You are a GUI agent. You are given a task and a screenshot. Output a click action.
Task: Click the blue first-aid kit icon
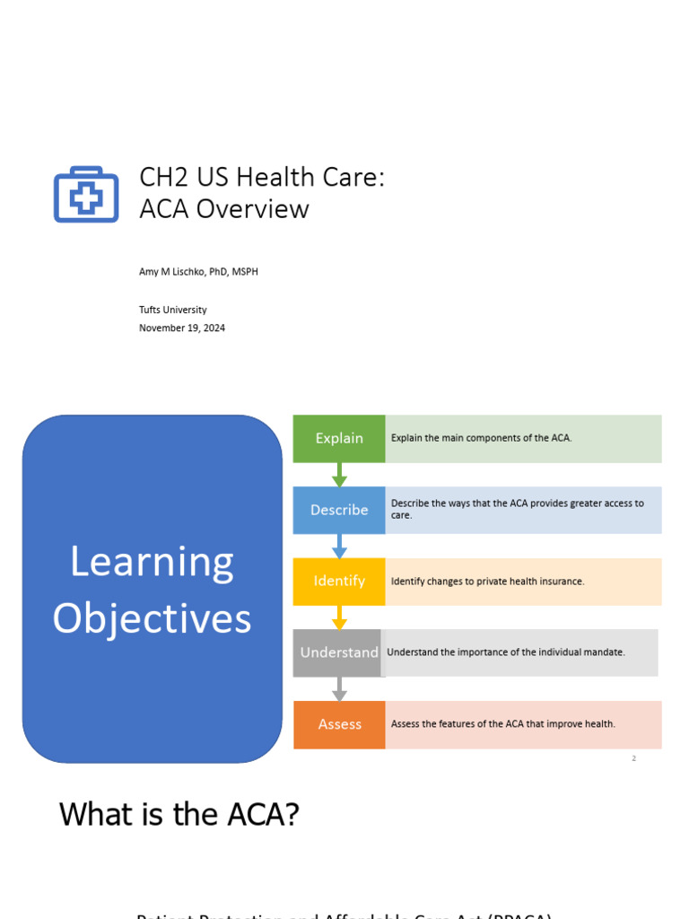click(86, 194)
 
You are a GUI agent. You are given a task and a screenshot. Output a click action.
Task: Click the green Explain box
click(339, 438)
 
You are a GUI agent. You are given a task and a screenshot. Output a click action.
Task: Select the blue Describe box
click(339, 510)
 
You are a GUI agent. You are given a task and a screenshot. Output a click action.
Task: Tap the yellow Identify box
click(339, 582)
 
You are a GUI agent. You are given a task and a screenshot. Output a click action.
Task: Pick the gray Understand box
click(339, 652)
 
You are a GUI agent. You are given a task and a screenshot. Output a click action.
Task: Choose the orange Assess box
click(339, 724)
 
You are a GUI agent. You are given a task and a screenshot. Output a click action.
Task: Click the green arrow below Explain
click(339, 475)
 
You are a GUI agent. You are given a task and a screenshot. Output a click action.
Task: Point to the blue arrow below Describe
click(339, 546)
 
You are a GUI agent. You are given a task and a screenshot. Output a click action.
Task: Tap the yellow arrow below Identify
click(339, 617)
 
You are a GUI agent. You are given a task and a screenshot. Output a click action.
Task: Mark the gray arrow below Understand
click(339, 689)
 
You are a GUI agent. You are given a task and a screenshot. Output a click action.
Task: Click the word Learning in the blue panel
click(152, 563)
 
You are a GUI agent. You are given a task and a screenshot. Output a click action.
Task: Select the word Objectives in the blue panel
click(152, 618)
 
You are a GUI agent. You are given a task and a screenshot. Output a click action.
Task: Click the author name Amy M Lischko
click(198, 271)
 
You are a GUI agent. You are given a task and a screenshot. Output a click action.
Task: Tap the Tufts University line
click(172, 310)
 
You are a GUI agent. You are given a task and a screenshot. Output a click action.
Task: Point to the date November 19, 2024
click(182, 328)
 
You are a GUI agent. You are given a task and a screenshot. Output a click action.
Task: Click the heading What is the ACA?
click(179, 815)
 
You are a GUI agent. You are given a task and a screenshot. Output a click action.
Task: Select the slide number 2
click(633, 758)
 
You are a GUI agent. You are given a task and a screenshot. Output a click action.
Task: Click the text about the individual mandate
click(505, 652)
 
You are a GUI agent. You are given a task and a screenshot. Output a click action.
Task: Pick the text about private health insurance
click(487, 582)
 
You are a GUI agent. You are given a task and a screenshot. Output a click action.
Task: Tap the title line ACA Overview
click(223, 209)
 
